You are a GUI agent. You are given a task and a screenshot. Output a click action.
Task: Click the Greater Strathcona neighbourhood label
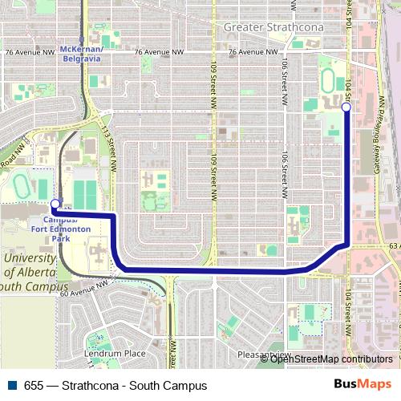click(x=273, y=27)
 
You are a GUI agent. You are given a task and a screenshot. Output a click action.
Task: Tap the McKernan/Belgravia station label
click(x=83, y=53)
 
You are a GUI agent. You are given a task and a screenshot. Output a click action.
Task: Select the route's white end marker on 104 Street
click(x=346, y=107)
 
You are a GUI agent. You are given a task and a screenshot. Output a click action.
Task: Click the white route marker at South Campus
click(x=55, y=204)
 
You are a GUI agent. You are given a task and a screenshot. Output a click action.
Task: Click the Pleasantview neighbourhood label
click(x=264, y=354)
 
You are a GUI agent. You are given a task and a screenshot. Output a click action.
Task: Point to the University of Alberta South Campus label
click(x=30, y=273)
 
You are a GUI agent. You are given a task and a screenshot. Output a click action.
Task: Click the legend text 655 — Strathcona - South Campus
click(x=115, y=385)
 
